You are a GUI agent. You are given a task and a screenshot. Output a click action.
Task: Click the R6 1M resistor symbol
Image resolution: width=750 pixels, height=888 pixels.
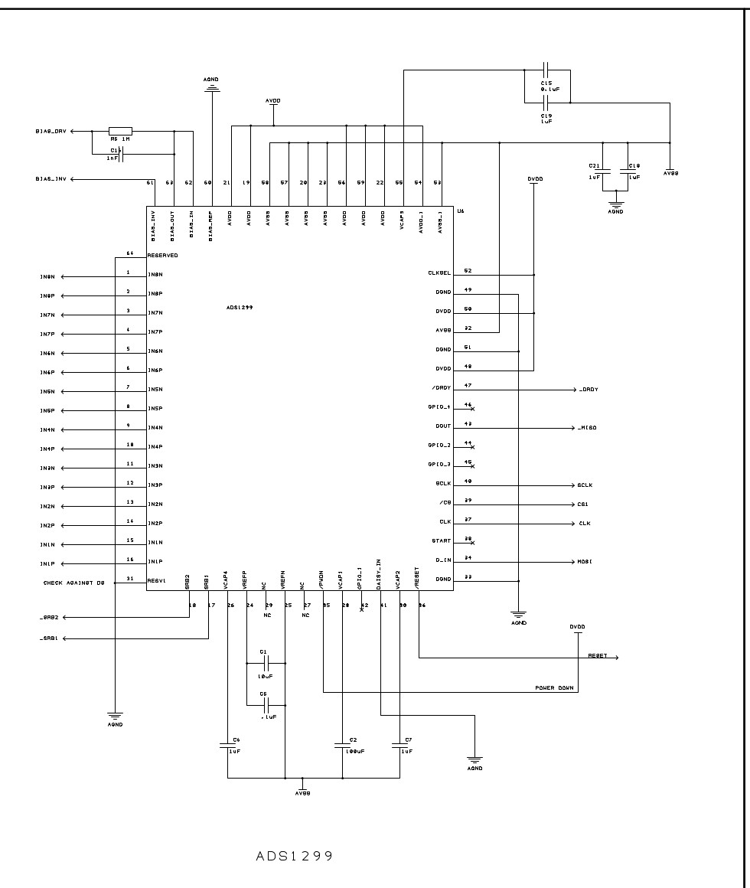[x=120, y=131]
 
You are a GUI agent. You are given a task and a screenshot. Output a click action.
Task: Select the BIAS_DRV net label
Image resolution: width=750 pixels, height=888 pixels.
[x=51, y=131]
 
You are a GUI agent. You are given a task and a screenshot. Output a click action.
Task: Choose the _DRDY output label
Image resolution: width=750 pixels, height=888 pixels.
[x=588, y=390]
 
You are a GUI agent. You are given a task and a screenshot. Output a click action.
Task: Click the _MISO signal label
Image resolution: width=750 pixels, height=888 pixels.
[x=587, y=428]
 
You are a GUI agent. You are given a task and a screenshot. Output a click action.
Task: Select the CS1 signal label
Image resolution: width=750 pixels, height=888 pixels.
[x=582, y=504]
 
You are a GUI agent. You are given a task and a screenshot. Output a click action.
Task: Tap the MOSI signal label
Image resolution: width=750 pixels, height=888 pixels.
[x=584, y=562]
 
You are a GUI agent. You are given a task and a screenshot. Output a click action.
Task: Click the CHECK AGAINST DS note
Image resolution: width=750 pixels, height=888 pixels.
[x=76, y=583]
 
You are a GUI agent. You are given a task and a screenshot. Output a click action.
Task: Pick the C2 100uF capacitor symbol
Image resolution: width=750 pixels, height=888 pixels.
[x=342, y=746]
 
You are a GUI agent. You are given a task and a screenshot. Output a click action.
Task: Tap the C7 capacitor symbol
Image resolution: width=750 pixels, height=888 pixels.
[x=399, y=746]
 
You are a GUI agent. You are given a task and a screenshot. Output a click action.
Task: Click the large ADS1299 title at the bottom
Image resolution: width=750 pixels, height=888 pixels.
[x=295, y=857]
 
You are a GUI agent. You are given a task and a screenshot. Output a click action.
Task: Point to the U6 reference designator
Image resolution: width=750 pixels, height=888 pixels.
[x=460, y=211]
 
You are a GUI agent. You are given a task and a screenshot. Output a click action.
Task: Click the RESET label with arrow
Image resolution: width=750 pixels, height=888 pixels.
[x=598, y=657]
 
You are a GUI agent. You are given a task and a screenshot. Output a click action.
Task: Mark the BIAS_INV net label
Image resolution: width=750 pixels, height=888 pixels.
[x=51, y=179]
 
